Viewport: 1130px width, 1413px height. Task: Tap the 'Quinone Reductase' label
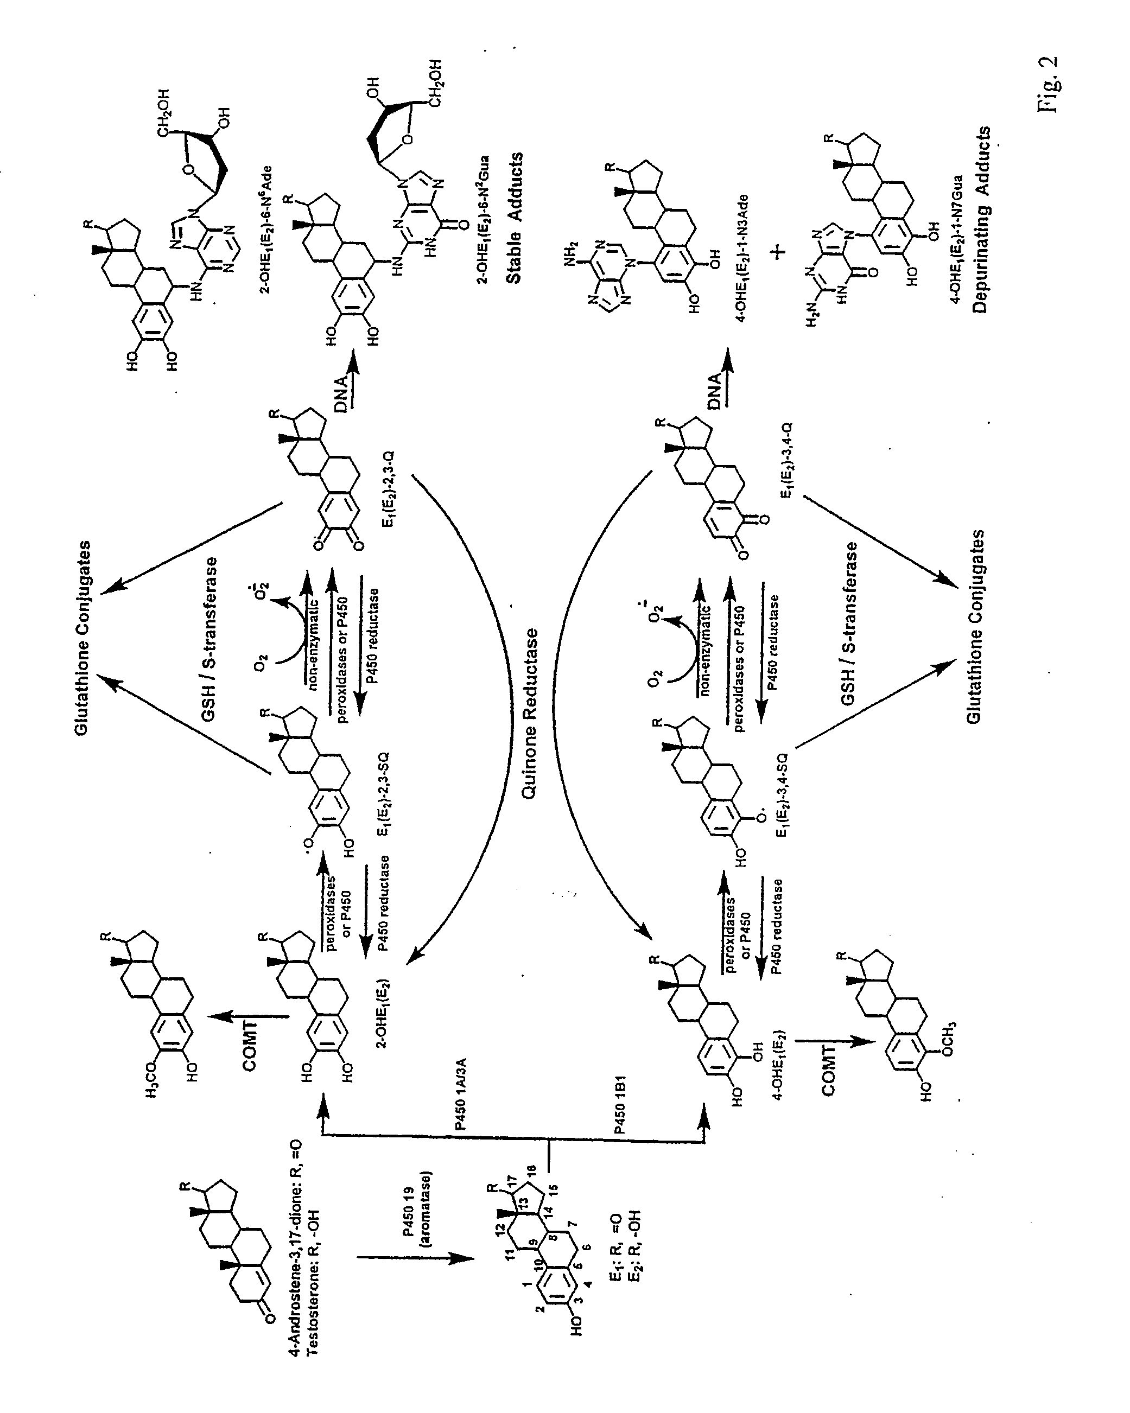point(530,714)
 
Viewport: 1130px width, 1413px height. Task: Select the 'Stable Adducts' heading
point(515,218)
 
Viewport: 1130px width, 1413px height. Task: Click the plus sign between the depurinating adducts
point(779,252)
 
